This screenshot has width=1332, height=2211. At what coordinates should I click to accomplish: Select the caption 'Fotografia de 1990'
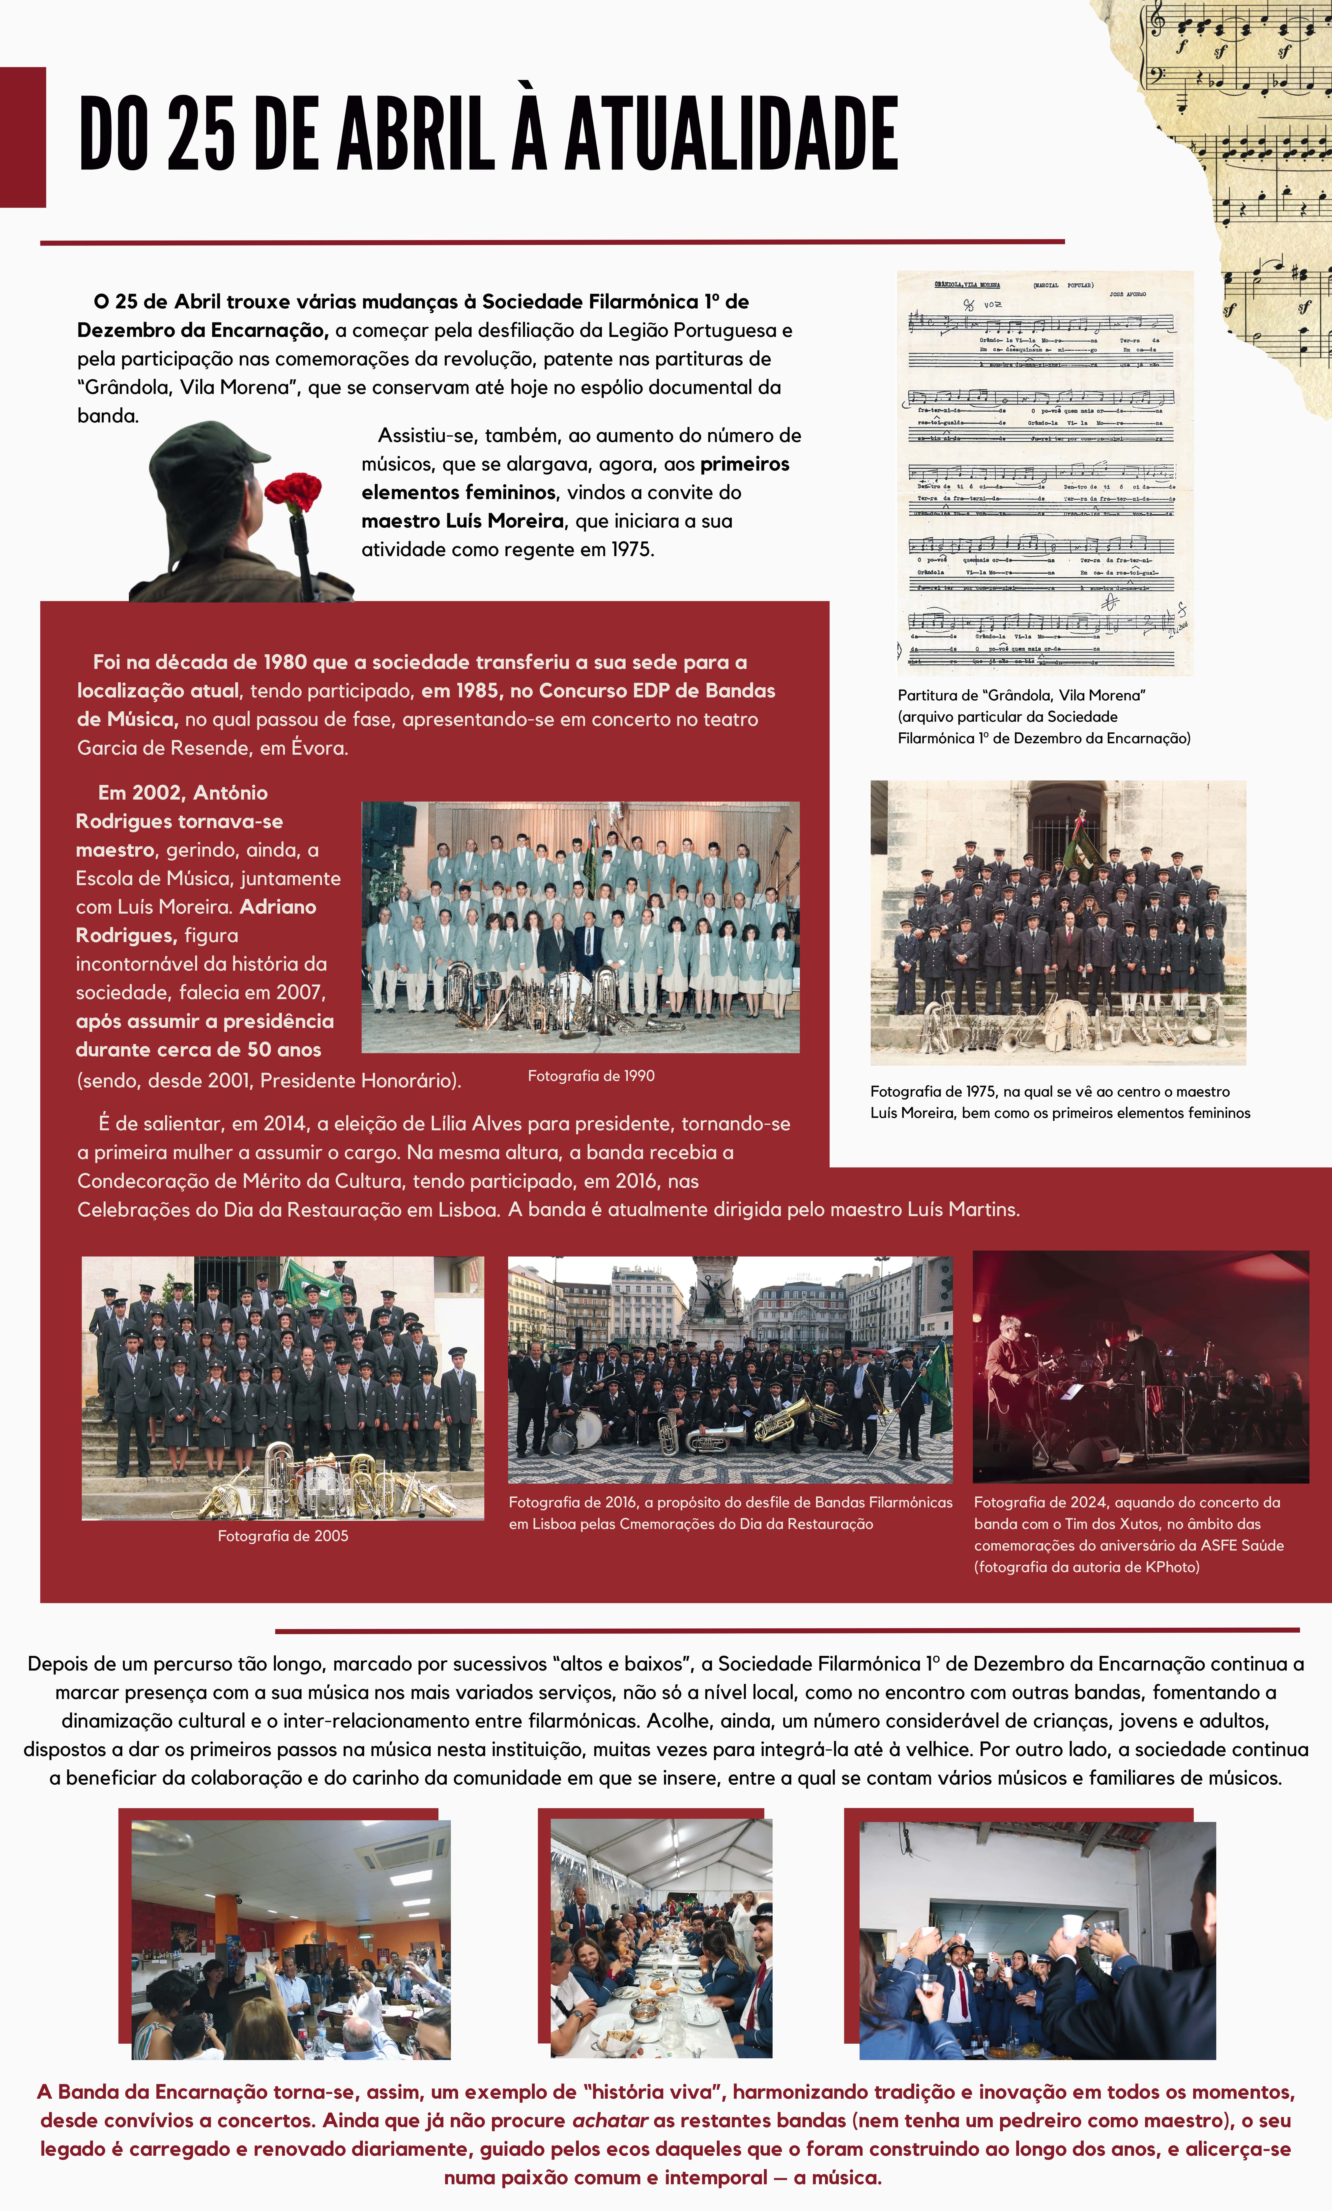point(591,1076)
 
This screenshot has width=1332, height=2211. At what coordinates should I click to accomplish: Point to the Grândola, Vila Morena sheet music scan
point(1045,473)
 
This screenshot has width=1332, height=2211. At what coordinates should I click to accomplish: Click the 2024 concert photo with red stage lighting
point(1140,1367)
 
